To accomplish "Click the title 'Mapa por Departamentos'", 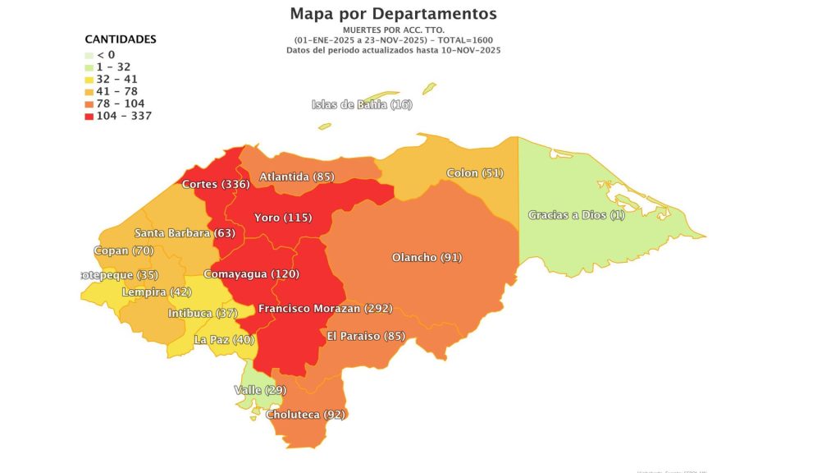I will [x=393, y=14].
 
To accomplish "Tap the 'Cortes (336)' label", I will [x=216, y=184].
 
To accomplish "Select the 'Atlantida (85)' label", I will [x=296, y=177].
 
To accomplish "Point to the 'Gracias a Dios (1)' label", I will [x=576, y=215].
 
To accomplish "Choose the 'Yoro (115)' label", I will [x=282, y=218].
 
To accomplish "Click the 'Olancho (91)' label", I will [x=427, y=258].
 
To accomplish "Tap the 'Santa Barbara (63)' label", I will [x=185, y=233].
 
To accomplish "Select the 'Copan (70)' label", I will [x=125, y=250].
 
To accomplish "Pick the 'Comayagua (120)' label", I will [x=244, y=273].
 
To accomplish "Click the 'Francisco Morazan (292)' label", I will [x=325, y=309].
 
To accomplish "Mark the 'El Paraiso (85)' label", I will [x=366, y=336].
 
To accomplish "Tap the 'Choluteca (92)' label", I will [x=305, y=415].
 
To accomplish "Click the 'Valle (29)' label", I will [x=259, y=389].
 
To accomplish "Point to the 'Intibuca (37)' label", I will [x=202, y=314].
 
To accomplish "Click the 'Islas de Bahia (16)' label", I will [x=362, y=104].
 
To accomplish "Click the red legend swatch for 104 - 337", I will [x=89, y=116].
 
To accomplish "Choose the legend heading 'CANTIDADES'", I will [x=121, y=39].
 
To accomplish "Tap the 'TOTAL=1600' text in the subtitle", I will [x=466, y=40].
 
